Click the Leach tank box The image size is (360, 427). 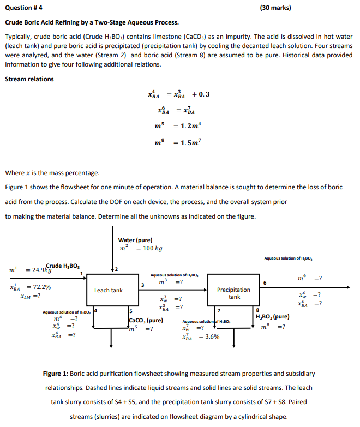coord(109,290)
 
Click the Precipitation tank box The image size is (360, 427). coord(235,293)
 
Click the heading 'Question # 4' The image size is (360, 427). coord(23,8)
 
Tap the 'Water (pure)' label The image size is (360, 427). coord(135,240)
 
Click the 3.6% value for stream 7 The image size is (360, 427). coord(210,336)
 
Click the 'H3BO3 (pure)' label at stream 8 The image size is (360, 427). coord(272,317)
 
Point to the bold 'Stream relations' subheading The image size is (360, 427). coord(29,79)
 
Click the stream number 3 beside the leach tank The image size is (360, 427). coord(143,284)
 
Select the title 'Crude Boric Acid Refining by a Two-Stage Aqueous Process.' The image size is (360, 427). coord(92,23)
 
